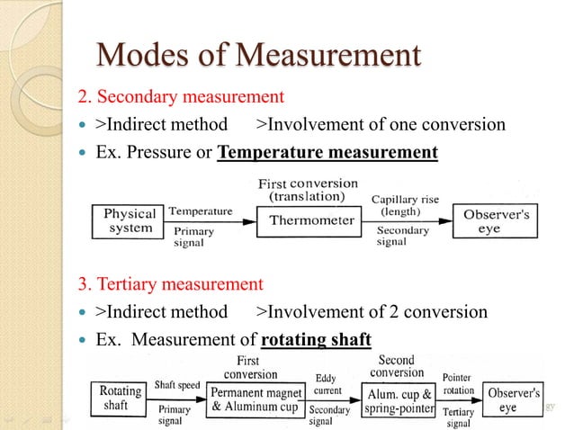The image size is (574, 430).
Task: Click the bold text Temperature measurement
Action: click(x=328, y=152)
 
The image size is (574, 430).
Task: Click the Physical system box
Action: click(x=130, y=221)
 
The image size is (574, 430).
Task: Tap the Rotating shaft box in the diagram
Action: click(x=121, y=398)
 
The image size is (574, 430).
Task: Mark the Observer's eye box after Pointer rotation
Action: click(x=513, y=399)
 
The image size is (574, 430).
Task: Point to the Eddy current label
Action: click(x=327, y=384)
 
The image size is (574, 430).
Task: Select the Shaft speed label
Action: click(x=176, y=384)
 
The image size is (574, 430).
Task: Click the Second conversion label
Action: click(x=396, y=366)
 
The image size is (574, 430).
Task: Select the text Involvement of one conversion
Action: click(x=381, y=124)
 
